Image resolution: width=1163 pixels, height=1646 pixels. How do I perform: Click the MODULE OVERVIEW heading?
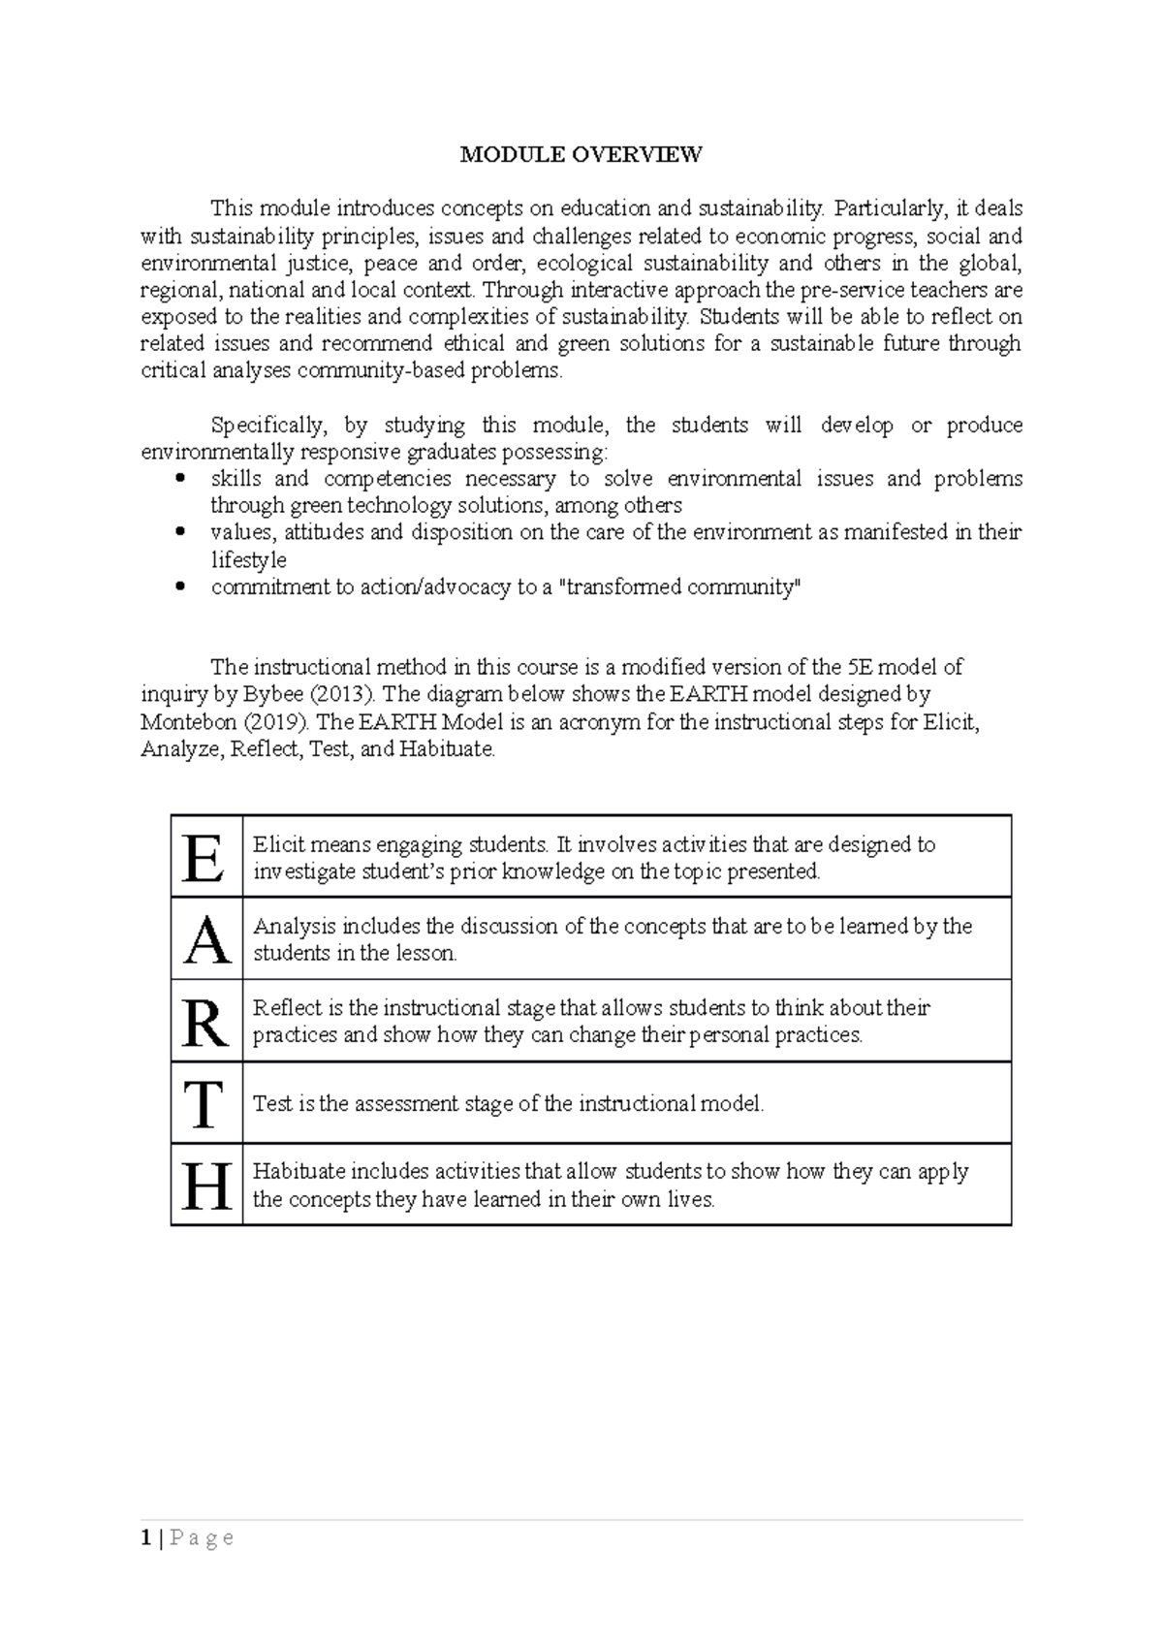[x=581, y=154]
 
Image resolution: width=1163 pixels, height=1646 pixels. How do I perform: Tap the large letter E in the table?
[x=204, y=858]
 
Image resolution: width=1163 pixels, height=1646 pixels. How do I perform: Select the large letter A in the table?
[x=206, y=939]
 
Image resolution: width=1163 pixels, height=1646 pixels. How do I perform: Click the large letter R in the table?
[x=205, y=1022]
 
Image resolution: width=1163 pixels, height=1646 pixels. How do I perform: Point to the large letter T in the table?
[x=204, y=1104]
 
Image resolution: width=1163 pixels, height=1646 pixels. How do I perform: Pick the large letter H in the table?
[x=206, y=1186]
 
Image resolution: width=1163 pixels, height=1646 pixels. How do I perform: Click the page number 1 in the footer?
[x=145, y=1538]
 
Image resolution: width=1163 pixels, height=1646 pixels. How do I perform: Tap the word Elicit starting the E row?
[x=275, y=845]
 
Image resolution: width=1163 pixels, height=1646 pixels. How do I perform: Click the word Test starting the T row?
[x=271, y=1104]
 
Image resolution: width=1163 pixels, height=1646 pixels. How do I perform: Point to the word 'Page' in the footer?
[x=202, y=1538]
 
